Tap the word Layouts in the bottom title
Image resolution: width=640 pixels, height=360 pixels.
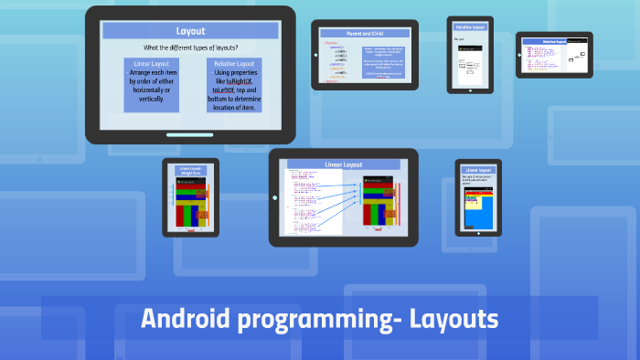tap(453, 320)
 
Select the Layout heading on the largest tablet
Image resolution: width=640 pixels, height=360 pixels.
tap(190, 31)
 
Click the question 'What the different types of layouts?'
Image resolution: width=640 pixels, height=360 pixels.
tap(190, 48)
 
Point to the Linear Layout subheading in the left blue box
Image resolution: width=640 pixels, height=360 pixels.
tap(151, 64)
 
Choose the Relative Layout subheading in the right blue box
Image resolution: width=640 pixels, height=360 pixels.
tap(234, 64)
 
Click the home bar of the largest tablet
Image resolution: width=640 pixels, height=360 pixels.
tap(190, 133)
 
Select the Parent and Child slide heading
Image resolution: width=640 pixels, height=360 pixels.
tap(364, 33)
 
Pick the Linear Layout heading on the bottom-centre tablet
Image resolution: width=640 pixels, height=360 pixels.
tap(344, 165)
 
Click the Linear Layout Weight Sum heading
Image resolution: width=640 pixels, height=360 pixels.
tap(190, 171)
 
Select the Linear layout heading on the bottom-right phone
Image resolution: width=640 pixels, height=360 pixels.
tap(478, 170)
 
